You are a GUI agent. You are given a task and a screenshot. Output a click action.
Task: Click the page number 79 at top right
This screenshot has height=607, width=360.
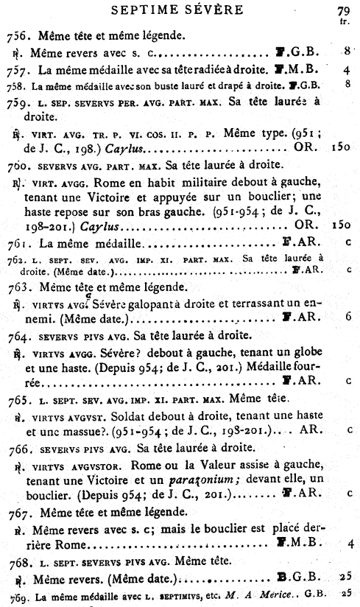pyautogui.click(x=342, y=11)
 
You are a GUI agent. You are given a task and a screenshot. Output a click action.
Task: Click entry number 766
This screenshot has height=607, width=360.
pyautogui.click(x=17, y=449)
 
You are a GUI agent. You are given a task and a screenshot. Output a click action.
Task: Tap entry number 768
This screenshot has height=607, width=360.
pyautogui.click(x=17, y=563)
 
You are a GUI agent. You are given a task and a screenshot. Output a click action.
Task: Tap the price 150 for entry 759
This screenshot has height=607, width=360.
pyautogui.click(x=341, y=150)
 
